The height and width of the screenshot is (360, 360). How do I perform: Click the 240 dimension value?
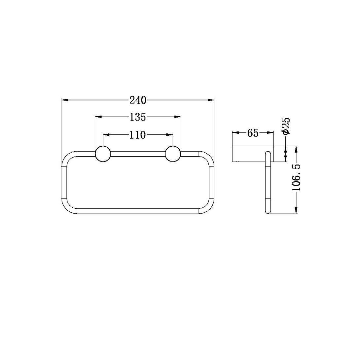pos(138,100)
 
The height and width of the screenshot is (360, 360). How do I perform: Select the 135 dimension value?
pos(138,117)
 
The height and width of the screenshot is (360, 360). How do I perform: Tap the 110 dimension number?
pos(138,135)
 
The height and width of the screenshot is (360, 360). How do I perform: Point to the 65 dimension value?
pos(253,133)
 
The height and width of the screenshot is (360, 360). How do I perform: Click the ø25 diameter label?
pos(286,126)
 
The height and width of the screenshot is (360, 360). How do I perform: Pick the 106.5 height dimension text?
pos(296,178)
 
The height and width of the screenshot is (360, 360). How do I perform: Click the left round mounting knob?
pos(103,154)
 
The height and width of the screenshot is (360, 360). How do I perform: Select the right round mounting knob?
pos(173,154)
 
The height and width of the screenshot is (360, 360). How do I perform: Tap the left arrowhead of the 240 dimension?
pos(65,100)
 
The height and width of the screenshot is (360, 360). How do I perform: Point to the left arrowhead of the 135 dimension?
pos(98,117)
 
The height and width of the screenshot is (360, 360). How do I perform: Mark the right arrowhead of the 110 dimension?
pos(170,135)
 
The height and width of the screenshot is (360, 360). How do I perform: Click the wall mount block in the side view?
pos(253,154)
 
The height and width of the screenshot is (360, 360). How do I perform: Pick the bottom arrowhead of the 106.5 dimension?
pos(296,211)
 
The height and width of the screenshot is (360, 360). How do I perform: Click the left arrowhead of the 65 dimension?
pos(235,133)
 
